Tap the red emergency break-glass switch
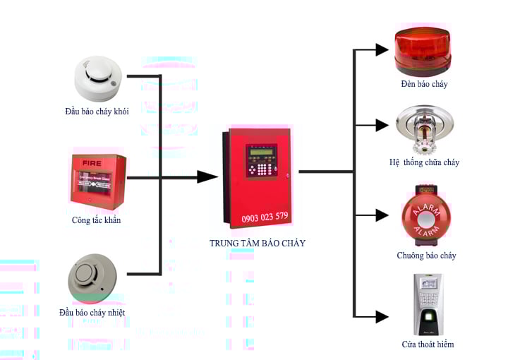coord(98,181)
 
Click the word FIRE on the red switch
coord(92,162)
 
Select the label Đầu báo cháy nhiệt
coord(97,312)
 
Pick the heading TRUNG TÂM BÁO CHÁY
coord(257,244)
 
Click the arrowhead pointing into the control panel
coord(207,176)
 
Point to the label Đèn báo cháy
coord(423,84)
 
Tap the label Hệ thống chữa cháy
coord(424,162)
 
